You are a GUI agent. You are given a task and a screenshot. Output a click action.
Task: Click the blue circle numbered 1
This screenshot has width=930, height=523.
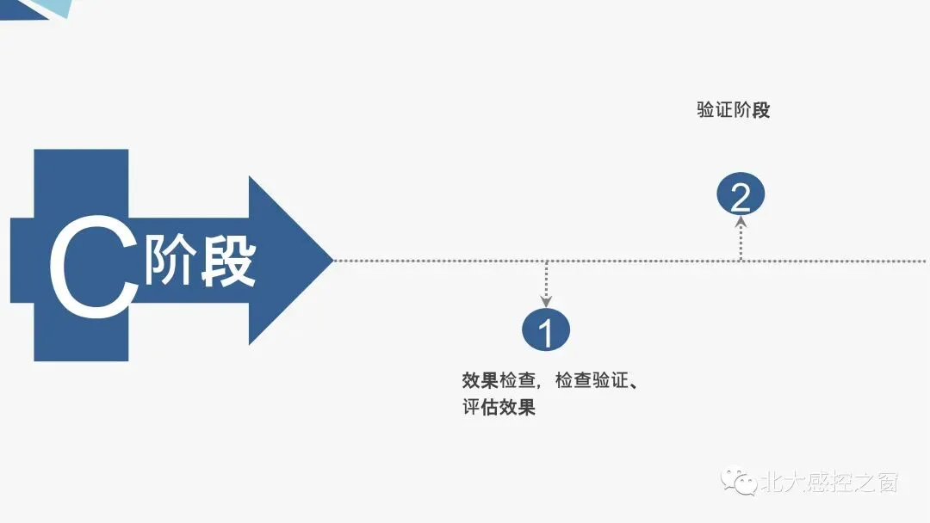[546, 330]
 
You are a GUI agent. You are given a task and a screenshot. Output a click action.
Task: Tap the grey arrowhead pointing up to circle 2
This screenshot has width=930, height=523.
[740, 222]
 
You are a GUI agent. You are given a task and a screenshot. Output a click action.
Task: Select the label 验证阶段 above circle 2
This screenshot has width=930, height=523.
[733, 111]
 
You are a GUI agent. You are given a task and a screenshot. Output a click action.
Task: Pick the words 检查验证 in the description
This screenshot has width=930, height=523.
[592, 381]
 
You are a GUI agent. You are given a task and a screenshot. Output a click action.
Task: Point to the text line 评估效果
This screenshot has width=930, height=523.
[499, 408]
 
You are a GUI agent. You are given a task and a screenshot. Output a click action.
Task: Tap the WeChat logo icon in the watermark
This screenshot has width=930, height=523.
[739, 481]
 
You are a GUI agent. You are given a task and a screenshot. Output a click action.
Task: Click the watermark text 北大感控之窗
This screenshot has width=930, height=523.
[828, 483]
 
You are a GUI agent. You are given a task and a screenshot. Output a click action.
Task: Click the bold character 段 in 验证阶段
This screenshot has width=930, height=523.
[760, 111]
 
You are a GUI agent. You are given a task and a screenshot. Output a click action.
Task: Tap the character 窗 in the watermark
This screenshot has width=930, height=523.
[886, 483]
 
